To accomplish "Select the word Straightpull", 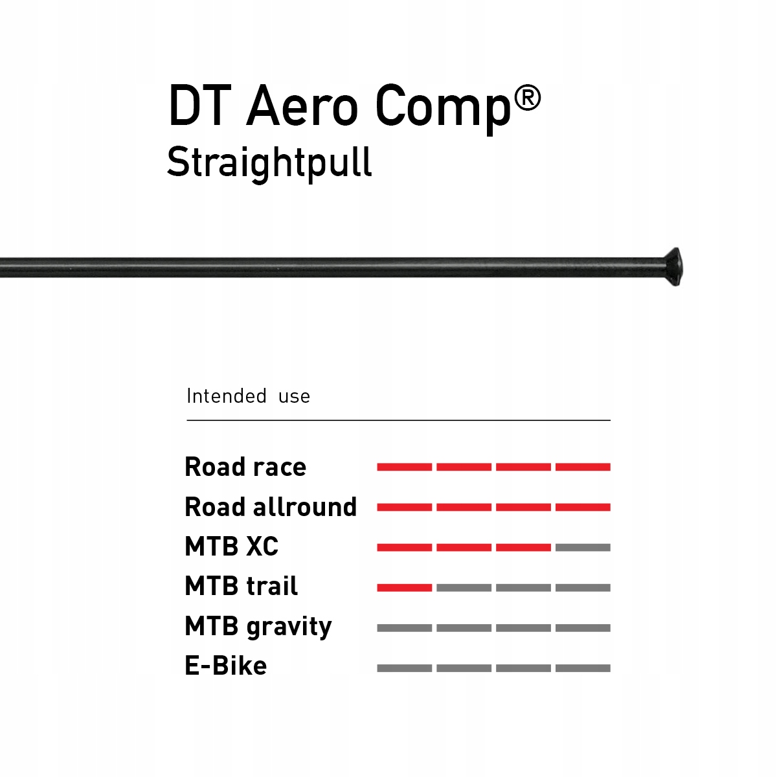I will [x=269, y=162].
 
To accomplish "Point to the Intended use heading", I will [x=248, y=396].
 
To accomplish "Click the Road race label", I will [x=245, y=467].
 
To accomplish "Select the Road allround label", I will [x=271, y=507].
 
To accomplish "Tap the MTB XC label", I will [x=231, y=546].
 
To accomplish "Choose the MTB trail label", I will [x=241, y=587].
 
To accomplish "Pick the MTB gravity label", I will [x=258, y=627].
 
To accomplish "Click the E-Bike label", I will [x=225, y=666].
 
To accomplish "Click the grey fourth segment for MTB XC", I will [x=583, y=548].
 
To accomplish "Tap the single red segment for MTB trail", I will [x=405, y=588].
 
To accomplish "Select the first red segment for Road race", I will [x=405, y=467].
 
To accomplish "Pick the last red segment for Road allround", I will [x=583, y=507].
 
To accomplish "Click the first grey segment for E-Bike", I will [x=405, y=668].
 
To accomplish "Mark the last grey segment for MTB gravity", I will [x=583, y=628].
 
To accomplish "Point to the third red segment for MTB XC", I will [x=523, y=548].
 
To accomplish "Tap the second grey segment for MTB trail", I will [x=464, y=588].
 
